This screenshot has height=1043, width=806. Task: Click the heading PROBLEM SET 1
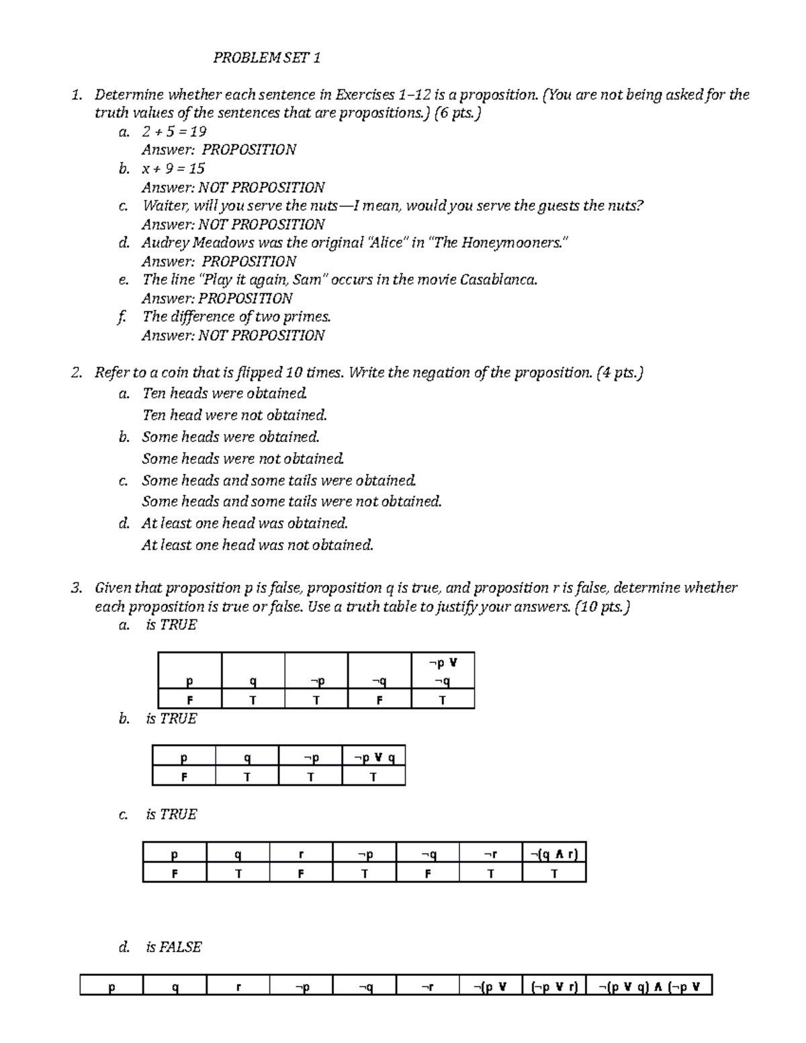267,58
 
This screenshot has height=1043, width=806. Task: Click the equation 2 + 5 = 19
174,132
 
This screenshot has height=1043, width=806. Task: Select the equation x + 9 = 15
173,169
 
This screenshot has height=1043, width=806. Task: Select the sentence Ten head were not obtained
234,415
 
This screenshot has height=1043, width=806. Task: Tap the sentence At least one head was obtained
244,523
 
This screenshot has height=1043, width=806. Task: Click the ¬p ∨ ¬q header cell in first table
442,672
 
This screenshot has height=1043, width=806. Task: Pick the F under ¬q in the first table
379,700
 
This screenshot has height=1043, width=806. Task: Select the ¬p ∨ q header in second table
373,758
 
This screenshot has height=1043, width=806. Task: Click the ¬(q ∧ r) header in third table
554,854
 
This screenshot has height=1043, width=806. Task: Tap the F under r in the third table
301,874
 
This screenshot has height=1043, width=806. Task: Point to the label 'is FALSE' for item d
173,947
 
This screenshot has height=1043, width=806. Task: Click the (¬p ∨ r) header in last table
554,987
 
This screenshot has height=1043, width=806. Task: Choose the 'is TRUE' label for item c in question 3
171,815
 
